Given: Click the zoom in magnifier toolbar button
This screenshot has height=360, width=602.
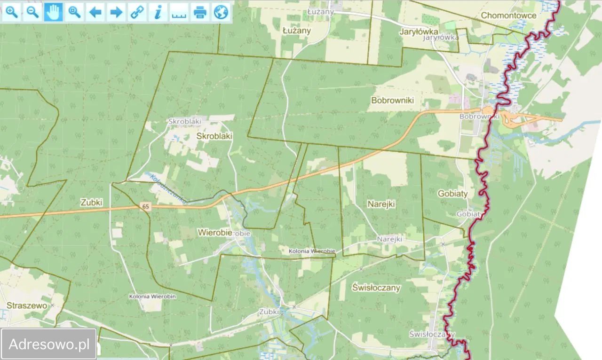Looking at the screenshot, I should pyautogui.click(x=12, y=12).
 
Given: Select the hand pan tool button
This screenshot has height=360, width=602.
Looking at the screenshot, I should pyautogui.click(x=53, y=12).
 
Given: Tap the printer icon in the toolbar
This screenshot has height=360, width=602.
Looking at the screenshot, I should pyautogui.click(x=200, y=12).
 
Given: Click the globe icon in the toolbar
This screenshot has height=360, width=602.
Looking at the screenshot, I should pyautogui.click(x=221, y=12).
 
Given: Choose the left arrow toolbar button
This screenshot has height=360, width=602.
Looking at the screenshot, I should pyautogui.click(x=95, y=12).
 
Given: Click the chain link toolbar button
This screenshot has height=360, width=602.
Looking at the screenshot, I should pyautogui.click(x=137, y=12).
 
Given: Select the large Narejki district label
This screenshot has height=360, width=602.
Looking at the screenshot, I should pyautogui.click(x=381, y=204).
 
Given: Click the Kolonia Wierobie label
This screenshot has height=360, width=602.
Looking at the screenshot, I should pyautogui.click(x=312, y=251).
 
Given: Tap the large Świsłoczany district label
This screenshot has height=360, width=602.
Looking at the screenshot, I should pyautogui.click(x=376, y=288).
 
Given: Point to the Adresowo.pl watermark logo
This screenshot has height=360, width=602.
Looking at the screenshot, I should pyautogui.click(x=49, y=344).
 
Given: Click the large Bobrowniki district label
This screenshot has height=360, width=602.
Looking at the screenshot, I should pyautogui.click(x=392, y=100).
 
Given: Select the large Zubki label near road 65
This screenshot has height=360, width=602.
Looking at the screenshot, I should pyautogui.click(x=91, y=202).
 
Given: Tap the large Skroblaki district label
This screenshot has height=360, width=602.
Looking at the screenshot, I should pyautogui.click(x=214, y=135).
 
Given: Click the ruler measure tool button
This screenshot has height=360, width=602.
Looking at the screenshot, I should pyautogui.click(x=179, y=12).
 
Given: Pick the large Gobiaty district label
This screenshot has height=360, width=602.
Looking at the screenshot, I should pyautogui.click(x=452, y=193).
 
